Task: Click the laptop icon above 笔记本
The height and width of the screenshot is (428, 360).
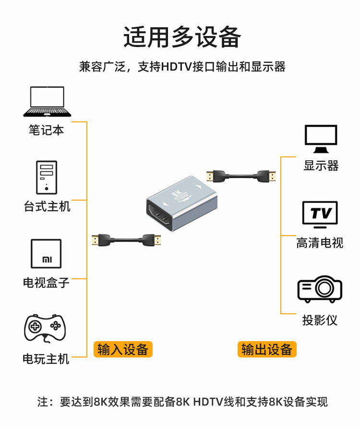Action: point(47,101)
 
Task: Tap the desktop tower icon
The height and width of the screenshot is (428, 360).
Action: point(46,177)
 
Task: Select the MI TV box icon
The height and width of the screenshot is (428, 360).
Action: point(46,253)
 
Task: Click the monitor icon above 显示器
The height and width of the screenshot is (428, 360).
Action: point(321,138)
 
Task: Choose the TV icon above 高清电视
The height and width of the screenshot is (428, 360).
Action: point(320,214)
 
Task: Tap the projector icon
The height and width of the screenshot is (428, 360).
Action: point(320,289)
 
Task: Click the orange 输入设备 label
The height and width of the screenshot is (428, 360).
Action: point(122,349)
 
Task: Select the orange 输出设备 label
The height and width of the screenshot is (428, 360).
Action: point(267,349)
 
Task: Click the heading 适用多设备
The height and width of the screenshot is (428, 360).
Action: point(182,37)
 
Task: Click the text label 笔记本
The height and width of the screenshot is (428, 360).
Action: point(46,130)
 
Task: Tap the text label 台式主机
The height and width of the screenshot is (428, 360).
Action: point(47,206)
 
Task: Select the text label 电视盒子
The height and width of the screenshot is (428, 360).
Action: point(46,283)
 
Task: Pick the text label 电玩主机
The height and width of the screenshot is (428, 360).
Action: point(46,359)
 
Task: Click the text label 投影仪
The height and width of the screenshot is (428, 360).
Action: point(320,320)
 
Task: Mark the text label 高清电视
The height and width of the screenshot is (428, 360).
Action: point(320,243)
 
